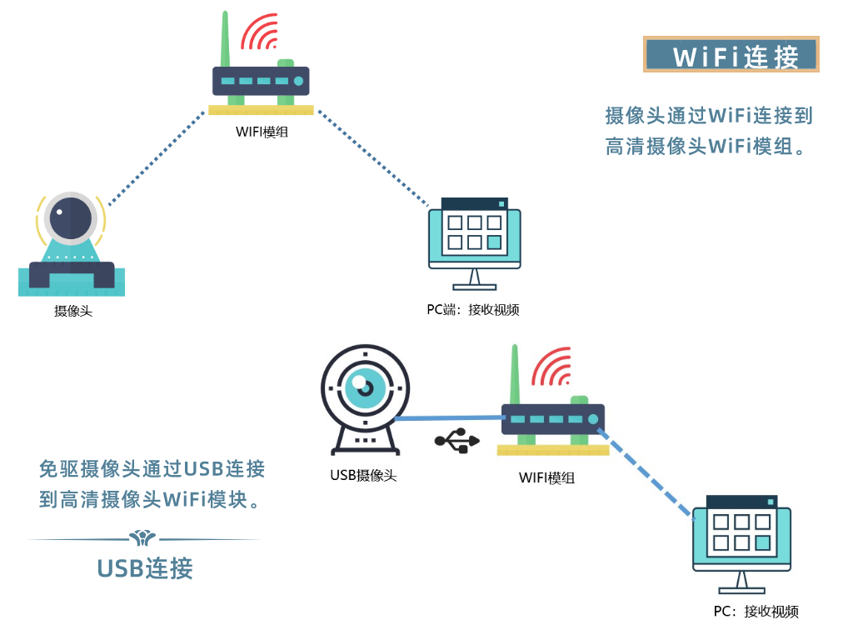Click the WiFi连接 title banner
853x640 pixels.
(731, 55)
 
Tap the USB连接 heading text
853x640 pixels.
(145, 568)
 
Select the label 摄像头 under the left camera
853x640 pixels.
(72, 311)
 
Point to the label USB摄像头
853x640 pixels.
(363, 476)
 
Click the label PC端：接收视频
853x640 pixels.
(473, 310)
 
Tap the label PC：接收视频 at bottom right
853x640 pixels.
(756, 612)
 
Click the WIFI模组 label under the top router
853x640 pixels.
(262, 131)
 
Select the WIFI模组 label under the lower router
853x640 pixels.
(546, 477)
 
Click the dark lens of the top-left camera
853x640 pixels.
(70, 217)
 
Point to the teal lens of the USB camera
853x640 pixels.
(366, 388)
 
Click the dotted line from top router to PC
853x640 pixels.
(372, 158)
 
